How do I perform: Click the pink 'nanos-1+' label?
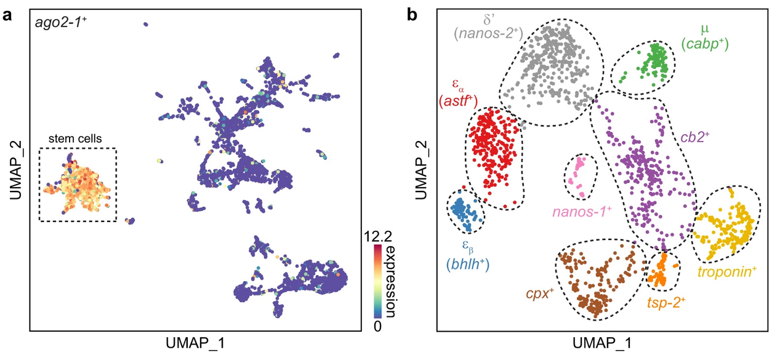pyautogui.click(x=582, y=211)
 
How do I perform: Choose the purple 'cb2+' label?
pyautogui.click(x=696, y=137)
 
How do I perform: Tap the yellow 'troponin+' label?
pyautogui.click(x=725, y=270)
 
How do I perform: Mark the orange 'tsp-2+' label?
pyautogui.click(x=666, y=302)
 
